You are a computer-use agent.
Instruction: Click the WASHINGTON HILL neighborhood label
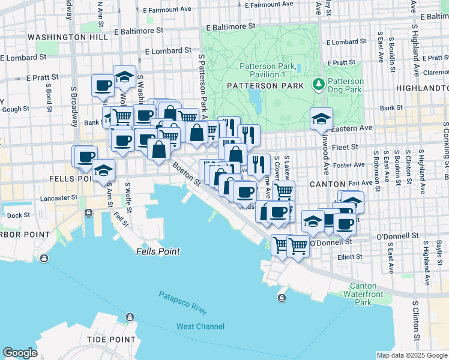pos(57,37)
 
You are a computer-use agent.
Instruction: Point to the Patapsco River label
pos(182,303)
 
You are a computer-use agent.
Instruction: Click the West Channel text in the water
pos(200,326)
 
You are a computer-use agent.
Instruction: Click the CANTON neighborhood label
pos(327,184)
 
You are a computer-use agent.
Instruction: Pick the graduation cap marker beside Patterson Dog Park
pos(321,119)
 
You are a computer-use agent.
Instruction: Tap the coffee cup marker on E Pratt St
pos(103,85)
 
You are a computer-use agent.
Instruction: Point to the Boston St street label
pos(185,172)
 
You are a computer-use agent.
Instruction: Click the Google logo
pos(20,353)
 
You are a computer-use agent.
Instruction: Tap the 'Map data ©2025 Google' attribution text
pos(411,355)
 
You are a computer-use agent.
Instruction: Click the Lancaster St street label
pos(42,198)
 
